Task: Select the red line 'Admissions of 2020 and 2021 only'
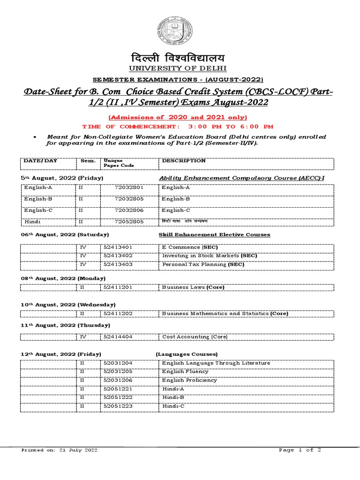pos(178,117)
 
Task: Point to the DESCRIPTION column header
pos(184,161)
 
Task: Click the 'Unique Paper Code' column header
pos(119,163)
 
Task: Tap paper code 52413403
pos(118,264)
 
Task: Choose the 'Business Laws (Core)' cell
pos(193,287)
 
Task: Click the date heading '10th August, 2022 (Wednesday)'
pos(68,305)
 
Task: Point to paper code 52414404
pos(118,337)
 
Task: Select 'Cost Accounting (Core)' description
pos(195,337)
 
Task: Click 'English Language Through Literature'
pos(216,363)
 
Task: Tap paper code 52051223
pos(118,406)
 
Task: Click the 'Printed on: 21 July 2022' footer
pos(59,450)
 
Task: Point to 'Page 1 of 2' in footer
pos(300,450)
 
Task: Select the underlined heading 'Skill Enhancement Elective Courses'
pos(214,234)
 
